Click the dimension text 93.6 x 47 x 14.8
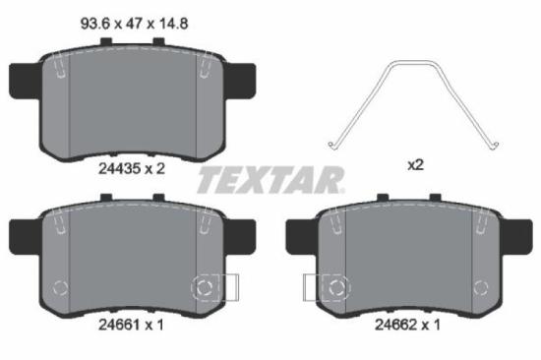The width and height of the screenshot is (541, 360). click(133, 17)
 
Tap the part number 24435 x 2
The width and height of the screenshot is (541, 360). click(132, 168)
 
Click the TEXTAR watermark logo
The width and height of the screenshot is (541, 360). click(271, 180)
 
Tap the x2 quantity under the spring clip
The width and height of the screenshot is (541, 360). click(414, 166)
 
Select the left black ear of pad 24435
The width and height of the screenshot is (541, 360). click(22, 77)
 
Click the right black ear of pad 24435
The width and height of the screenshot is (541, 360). click(242, 77)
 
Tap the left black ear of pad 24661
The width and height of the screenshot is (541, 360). click(22, 234)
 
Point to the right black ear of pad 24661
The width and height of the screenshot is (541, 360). click(242, 234)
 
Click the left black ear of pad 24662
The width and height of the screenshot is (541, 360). click(298, 234)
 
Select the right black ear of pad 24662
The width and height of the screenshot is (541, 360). click(518, 234)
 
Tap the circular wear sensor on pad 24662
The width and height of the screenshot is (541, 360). click(335, 288)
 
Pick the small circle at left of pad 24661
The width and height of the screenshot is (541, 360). click(58, 289)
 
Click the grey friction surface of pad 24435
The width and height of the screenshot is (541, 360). click(132, 103)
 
